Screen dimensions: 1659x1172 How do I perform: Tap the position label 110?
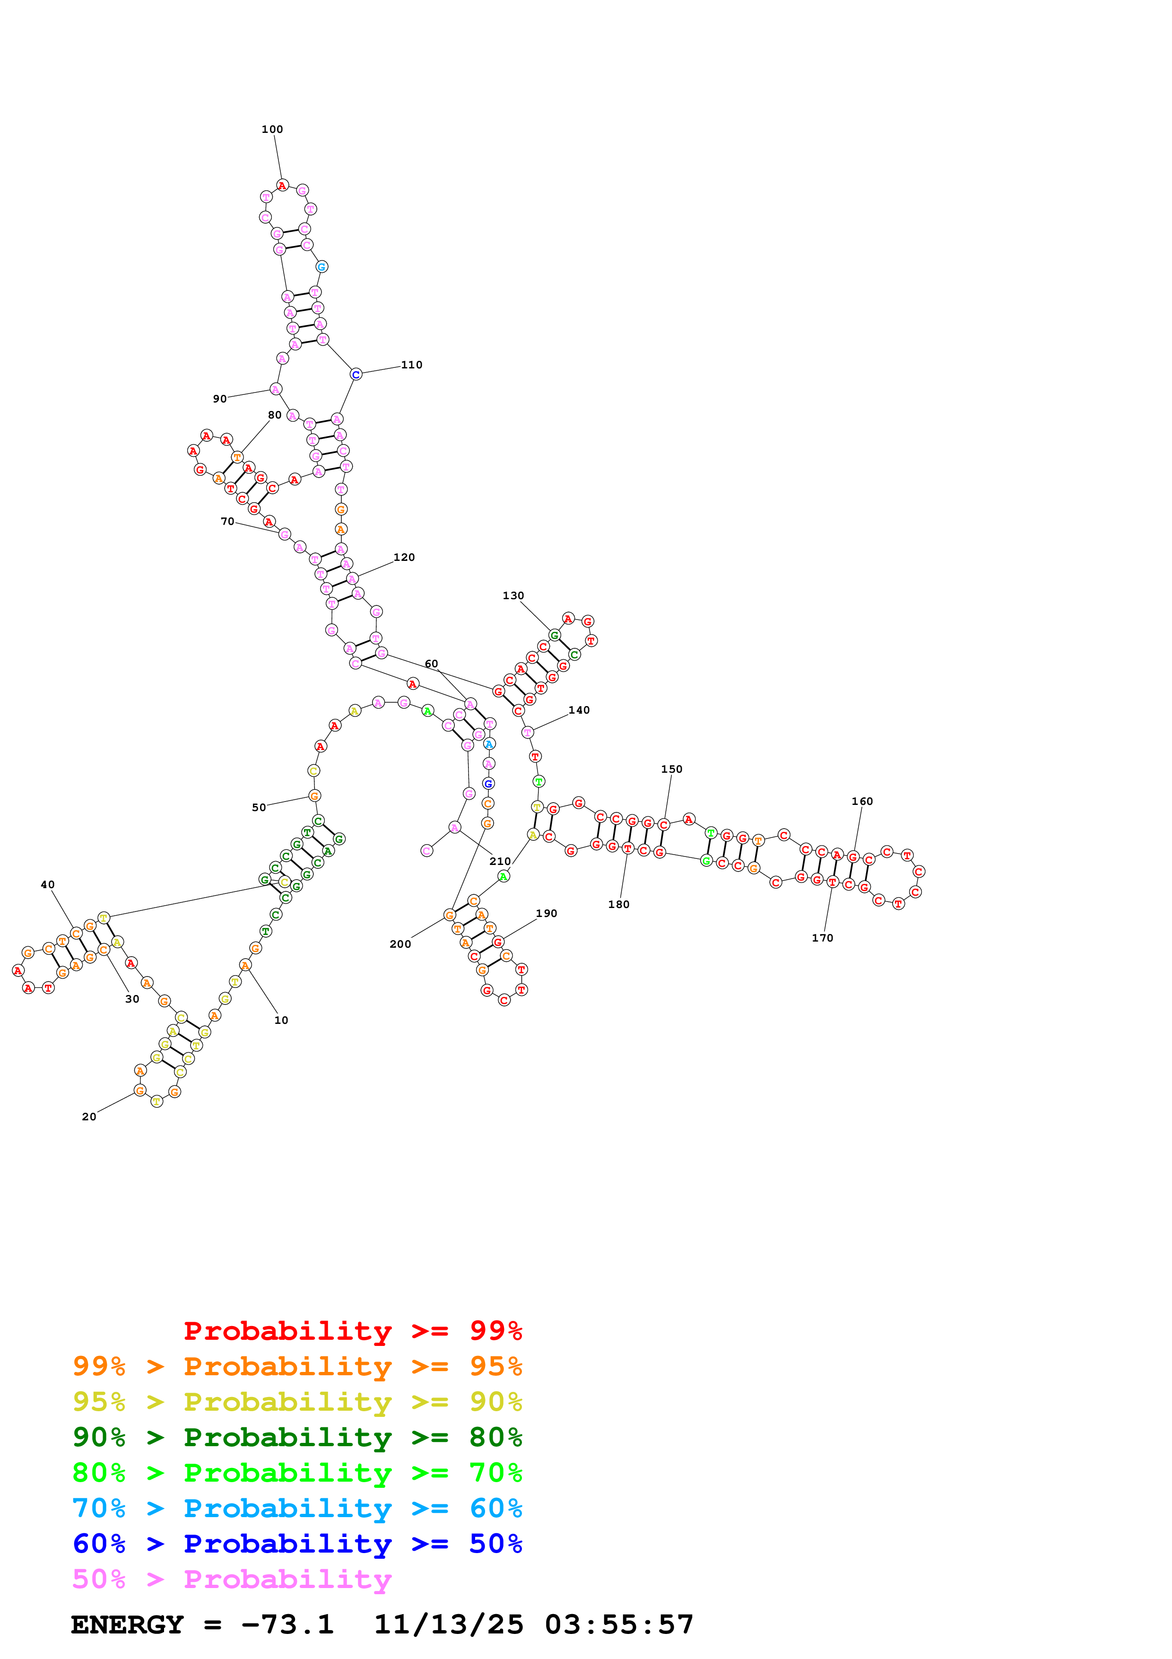412,365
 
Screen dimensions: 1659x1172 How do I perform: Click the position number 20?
89,1117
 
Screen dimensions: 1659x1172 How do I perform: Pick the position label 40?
48,884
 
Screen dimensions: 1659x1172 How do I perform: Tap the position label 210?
500,861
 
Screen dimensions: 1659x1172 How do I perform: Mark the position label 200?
400,943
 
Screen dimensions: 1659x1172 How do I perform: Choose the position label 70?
227,521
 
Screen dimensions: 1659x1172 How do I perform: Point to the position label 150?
671,769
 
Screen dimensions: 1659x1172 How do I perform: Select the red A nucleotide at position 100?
282,186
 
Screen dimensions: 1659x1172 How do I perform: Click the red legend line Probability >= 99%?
352,1330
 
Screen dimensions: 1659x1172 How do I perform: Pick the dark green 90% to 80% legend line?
297,1436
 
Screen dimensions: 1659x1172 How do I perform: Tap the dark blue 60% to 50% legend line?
297,1543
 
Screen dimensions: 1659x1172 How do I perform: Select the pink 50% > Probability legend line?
231,1578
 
